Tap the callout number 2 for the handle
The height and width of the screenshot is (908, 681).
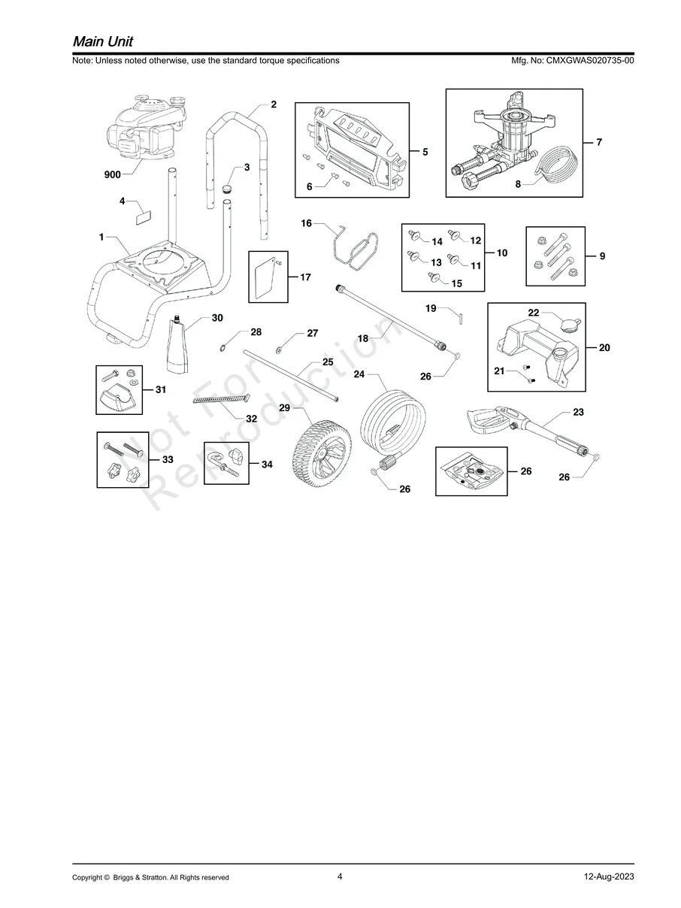coord(274,104)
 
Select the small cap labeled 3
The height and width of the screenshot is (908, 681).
coord(228,189)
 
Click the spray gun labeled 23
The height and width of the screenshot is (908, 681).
coord(528,430)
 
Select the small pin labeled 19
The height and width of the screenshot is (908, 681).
coord(461,319)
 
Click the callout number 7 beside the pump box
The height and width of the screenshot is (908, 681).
coord(599,142)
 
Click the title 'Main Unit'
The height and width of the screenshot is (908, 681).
coord(103,41)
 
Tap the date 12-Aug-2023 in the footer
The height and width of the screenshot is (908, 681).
coord(609,876)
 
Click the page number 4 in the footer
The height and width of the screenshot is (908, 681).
coord(340,876)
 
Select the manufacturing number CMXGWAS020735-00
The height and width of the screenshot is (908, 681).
coord(590,60)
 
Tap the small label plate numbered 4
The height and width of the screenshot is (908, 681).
coord(144,217)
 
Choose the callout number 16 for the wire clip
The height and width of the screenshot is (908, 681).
coord(306,223)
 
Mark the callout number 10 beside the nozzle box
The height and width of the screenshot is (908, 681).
coord(502,253)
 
